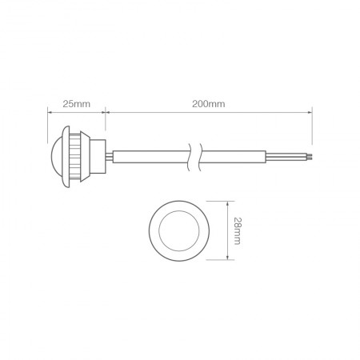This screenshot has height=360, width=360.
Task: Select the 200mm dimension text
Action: [x=208, y=105]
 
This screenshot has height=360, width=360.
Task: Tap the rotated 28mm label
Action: [x=238, y=230]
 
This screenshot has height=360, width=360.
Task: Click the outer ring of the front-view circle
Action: [x=154, y=230]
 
